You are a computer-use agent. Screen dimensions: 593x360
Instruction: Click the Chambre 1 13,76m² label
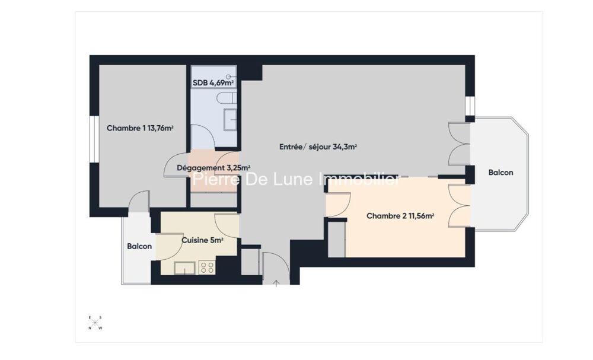pos(140,128)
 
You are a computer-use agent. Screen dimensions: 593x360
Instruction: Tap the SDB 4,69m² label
pos(213,83)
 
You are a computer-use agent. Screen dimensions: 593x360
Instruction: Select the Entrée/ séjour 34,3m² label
pos(318,146)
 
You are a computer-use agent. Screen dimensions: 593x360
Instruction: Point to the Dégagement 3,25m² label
pos(213,167)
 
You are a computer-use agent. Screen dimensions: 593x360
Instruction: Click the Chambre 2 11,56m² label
pos(400,216)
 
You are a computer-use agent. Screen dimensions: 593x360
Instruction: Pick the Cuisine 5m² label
pos(202,240)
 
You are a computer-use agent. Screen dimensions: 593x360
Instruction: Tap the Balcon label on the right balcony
pos(500,173)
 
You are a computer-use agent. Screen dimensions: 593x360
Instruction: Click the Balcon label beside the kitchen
pos(139,246)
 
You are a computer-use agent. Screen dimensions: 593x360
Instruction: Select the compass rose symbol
pos(95,323)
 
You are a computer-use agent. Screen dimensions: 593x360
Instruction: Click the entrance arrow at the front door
pos(276,283)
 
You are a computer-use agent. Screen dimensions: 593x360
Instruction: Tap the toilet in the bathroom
pos(227,98)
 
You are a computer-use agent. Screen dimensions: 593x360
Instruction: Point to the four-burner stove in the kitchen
pos(207,267)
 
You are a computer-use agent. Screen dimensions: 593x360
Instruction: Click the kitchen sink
pos(184,268)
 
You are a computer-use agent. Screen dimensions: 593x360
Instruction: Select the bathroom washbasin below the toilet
pos(230,119)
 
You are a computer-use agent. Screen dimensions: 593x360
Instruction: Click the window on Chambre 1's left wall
pos(94,139)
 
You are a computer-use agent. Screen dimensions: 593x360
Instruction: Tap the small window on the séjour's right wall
pos(470,106)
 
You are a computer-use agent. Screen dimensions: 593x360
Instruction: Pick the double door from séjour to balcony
pos(459,144)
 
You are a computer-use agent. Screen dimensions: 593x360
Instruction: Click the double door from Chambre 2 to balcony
pos(460,205)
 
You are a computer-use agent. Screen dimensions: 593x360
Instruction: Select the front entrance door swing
pos(276,267)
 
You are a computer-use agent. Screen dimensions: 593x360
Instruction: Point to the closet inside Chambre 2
pos(337,240)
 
